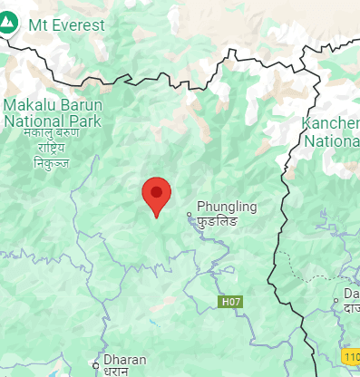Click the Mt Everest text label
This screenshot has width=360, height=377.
[66, 24]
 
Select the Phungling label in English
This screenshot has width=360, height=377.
[227, 207]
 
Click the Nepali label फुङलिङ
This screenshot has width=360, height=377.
[219, 221]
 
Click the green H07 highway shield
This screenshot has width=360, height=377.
[231, 300]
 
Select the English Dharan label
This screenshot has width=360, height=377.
[125, 360]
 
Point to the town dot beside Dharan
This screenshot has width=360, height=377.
[96, 365]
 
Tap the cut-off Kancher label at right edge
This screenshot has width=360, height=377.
[333, 125]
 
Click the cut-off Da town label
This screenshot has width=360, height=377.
[351, 296]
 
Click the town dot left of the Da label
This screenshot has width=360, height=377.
[336, 299]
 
